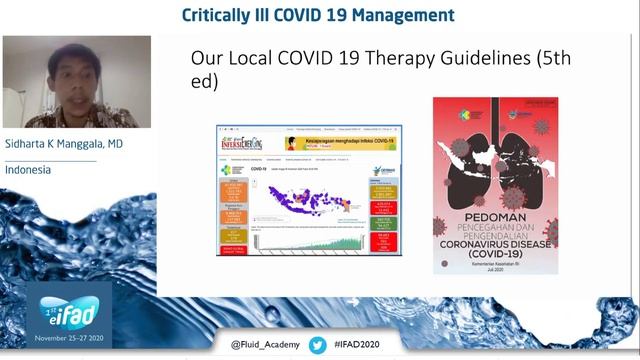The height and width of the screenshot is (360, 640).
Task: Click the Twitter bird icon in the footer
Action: point(318,345)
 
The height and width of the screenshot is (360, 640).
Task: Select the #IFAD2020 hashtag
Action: point(362,345)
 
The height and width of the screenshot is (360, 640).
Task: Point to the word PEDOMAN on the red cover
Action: point(494,213)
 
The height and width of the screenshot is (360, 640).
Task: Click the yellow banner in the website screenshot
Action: point(340,143)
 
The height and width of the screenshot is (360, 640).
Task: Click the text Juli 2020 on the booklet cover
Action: point(496,267)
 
